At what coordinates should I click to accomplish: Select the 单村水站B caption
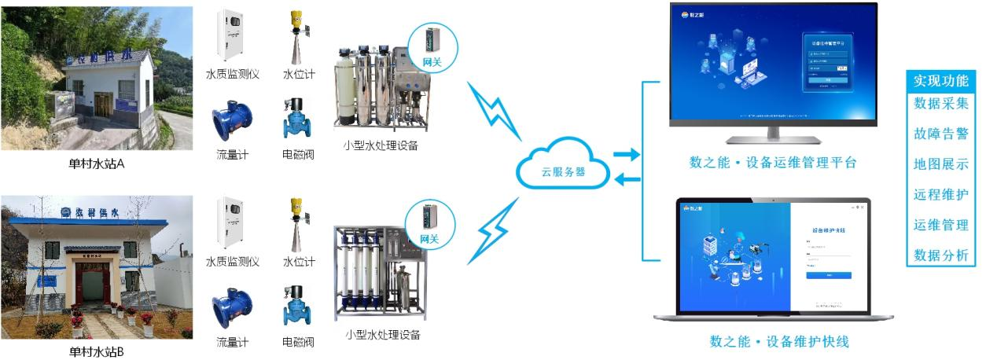tap(96, 351)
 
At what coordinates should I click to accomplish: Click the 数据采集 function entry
tap(940, 103)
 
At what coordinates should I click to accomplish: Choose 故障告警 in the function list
tap(940, 134)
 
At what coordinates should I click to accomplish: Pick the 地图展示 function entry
tap(940, 164)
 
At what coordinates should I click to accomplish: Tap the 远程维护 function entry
tap(940, 194)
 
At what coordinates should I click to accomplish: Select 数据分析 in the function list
tap(940, 255)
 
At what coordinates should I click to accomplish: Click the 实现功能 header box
tap(940, 80)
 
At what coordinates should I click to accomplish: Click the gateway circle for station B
tap(429, 225)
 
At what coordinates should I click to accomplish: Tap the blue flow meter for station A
tap(232, 122)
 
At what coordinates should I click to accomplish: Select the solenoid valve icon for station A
tap(298, 119)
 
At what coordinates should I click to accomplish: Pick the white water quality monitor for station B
tap(232, 224)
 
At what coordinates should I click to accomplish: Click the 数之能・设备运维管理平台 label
tap(772, 163)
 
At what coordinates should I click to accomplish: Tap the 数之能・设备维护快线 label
tap(779, 342)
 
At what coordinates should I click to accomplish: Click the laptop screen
tap(774, 256)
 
